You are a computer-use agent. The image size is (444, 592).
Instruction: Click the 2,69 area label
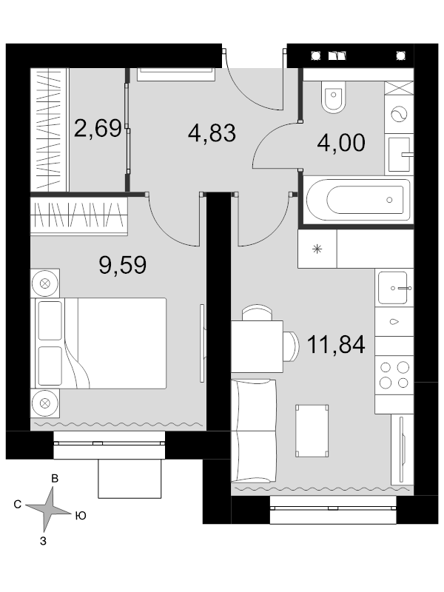click(98, 128)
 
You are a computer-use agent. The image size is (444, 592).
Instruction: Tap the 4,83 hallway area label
click(212, 133)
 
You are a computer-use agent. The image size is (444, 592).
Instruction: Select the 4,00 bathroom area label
click(341, 143)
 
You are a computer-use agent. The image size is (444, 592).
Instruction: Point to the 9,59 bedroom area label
click(123, 265)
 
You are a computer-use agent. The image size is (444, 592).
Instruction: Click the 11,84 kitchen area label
click(336, 344)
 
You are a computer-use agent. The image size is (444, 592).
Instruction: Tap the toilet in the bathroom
click(334, 97)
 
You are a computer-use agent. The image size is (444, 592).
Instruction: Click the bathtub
click(358, 200)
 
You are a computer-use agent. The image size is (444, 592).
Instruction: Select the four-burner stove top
click(394, 375)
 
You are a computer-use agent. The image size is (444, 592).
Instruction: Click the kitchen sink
click(393, 288)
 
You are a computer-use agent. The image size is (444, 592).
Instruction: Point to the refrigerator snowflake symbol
click(317, 249)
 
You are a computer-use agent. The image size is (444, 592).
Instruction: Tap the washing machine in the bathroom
click(399, 114)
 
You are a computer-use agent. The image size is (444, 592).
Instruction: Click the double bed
click(101, 343)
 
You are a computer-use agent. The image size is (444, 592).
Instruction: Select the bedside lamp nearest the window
click(45, 403)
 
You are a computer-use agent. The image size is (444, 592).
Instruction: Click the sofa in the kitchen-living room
click(253, 431)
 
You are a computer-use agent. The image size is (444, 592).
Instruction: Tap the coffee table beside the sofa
click(312, 431)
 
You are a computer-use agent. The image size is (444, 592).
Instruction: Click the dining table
click(257, 346)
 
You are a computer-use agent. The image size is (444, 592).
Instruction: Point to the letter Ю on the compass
click(81, 516)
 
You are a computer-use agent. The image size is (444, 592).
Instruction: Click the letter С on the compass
click(17, 505)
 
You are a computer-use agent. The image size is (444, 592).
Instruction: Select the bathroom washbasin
click(400, 155)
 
